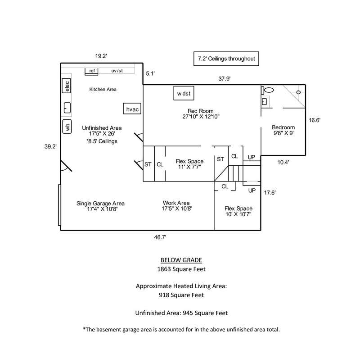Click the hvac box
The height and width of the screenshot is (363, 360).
(132, 109)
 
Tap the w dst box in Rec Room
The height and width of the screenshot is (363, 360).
(184, 94)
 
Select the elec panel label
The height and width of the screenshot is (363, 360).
(67, 85)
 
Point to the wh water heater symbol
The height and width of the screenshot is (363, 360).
(67, 127)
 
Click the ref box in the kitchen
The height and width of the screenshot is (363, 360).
(92, 71)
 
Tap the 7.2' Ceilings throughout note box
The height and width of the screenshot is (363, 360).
(227, 59)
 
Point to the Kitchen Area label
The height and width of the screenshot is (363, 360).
(103, 89)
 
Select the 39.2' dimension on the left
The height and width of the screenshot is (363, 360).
(50, 145)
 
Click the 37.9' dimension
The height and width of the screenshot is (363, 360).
(224, 78)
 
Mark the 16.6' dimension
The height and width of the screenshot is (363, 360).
(314, 120)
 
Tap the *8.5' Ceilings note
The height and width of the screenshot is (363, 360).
(102, 141)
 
